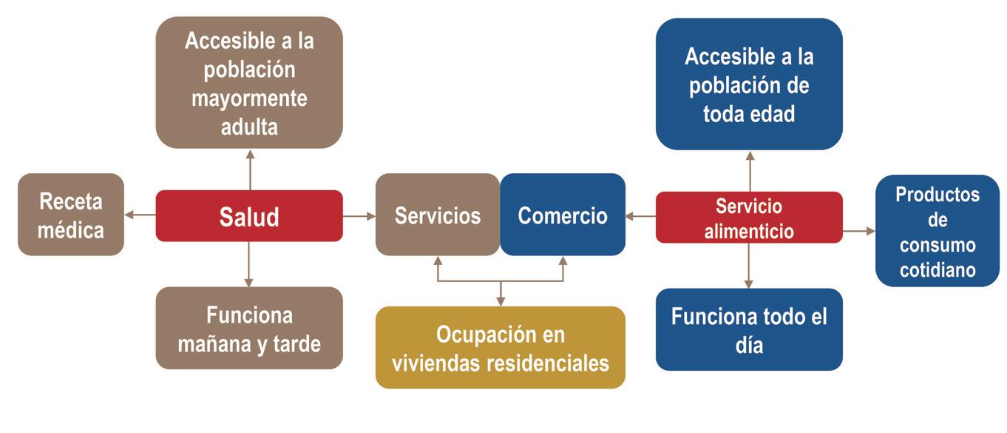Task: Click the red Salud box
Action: (249, 216)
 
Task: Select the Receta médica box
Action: (71, 215)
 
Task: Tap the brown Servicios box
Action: (438, 215)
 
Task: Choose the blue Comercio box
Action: (563, 215)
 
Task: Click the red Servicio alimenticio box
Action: (749, 218)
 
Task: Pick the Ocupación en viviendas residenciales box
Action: (501, 348)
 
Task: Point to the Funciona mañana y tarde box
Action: (249, 329)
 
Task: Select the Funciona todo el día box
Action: (749, 329)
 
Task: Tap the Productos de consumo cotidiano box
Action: (938, 231)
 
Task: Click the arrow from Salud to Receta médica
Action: (140, 215)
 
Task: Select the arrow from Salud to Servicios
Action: (359, 216)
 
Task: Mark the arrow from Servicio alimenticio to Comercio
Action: (640, 216)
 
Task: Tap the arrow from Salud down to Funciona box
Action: (249, 264)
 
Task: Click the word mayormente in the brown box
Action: (249, 98)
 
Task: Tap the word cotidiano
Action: (938, 270)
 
